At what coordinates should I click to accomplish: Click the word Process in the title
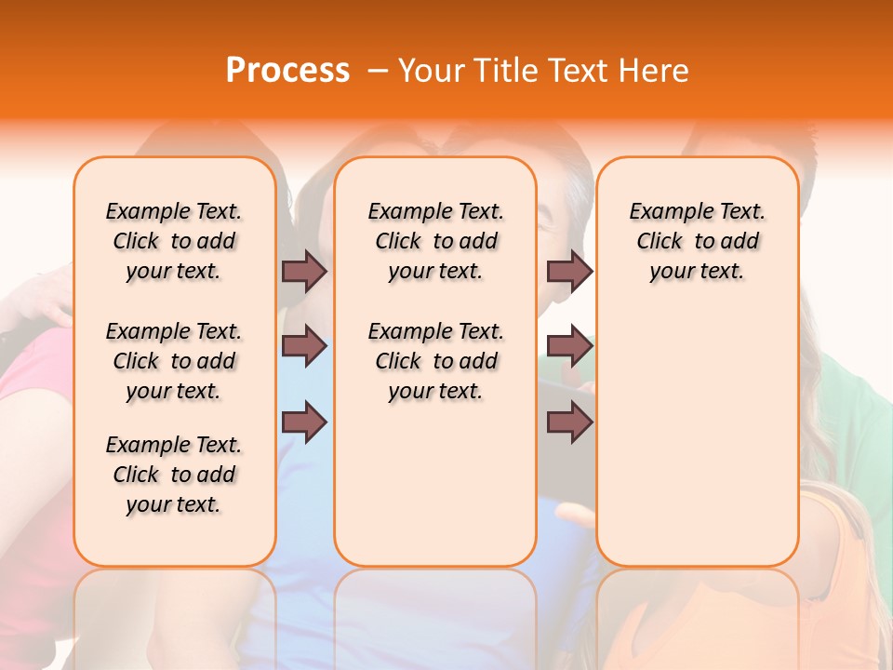tap(287, 71)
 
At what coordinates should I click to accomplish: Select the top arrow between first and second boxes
tap(304, 271)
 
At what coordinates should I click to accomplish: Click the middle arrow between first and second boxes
tap(304, 346)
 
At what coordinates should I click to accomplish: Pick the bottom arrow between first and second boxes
tap(304, 422)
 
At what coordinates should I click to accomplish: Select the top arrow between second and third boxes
tap(569, 271)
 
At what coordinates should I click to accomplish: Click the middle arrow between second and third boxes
tap(569, 346)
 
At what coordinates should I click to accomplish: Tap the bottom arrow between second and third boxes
tap(569, 422)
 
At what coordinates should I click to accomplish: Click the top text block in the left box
tap(174, 241)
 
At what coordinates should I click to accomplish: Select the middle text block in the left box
tap(174, 361)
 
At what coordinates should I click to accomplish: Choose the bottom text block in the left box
tap(174, 475)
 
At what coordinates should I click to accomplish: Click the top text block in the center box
tap(435, 241)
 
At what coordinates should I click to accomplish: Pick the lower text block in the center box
tap(435, 361)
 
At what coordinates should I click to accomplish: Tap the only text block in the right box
tap(697, 241)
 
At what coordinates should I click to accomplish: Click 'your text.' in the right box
tap(697, 271)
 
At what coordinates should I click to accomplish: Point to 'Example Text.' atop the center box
tap(435, 211)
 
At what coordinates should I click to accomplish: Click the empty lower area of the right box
tap(697, 437)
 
